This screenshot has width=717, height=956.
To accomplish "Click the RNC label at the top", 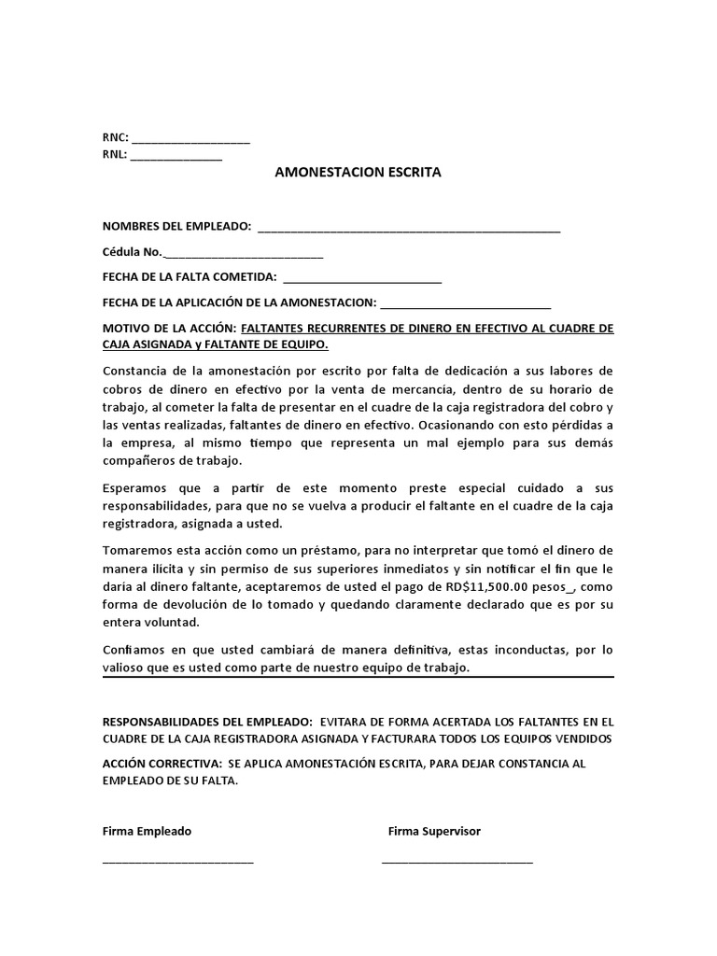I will point(115,138).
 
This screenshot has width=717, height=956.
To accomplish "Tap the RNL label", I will point(114,155).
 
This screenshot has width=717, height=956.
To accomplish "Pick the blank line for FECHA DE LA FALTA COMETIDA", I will point(361,278).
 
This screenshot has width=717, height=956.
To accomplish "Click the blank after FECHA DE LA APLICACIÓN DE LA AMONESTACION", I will point(466,303).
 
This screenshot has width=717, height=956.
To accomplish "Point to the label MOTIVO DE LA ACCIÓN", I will point(169,329).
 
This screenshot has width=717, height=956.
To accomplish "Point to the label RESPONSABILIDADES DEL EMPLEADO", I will point(207,722).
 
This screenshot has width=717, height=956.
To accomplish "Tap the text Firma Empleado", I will point(147,831).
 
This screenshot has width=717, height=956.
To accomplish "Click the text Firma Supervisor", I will point(434,831).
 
